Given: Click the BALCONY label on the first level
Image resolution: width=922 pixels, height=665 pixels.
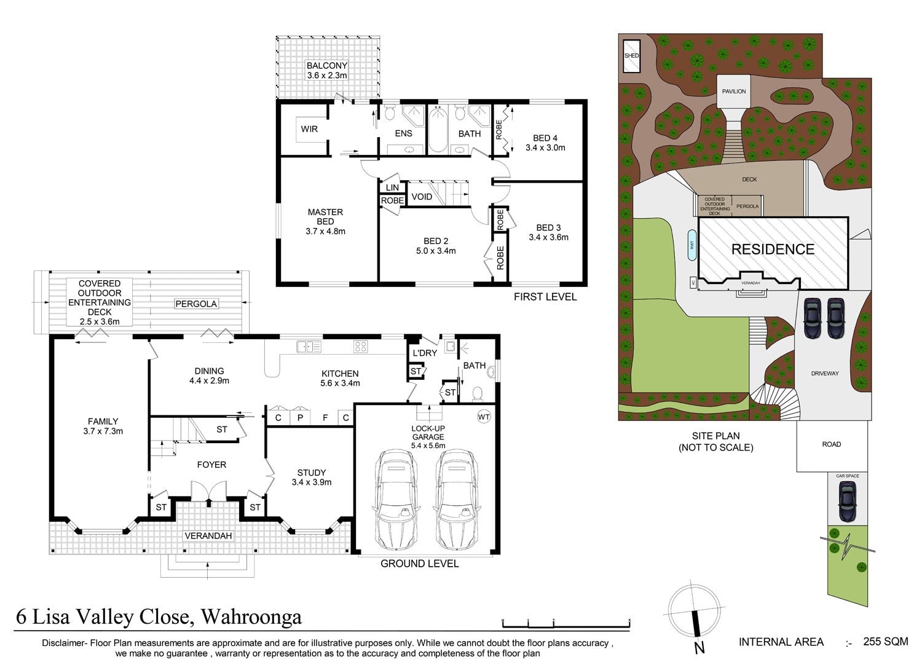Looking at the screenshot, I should click(x=327, y=65).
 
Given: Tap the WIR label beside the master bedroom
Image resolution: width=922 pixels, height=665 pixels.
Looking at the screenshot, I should click(x=309, y=129).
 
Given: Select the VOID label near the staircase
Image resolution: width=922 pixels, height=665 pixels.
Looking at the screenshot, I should click(x=422, y=197).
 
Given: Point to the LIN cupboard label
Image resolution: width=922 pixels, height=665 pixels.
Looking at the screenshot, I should click(x=392, y=187).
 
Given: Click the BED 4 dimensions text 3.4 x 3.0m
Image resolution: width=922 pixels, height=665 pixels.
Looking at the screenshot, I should click(x=545, y=148).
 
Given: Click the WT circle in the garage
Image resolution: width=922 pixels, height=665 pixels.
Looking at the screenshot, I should click(x=484, y=417).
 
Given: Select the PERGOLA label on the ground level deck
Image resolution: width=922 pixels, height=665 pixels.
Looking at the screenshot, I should click(x=195, y=304).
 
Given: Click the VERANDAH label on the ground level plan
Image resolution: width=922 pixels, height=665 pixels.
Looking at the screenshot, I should click(x=208, y=536).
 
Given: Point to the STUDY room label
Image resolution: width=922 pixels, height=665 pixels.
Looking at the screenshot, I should click(x=312, y=473).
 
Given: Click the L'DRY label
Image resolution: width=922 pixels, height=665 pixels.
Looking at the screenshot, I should click(x=424, y=353).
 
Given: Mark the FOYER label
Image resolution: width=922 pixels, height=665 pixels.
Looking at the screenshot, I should click(x=211, y=465).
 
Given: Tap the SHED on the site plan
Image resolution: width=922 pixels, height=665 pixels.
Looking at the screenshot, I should click(x=632, y=56).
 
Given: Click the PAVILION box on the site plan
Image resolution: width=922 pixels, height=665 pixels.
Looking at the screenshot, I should click(x=734, y=91).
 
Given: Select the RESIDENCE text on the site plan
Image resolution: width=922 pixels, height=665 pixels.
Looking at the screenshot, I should click(x=773, y=249).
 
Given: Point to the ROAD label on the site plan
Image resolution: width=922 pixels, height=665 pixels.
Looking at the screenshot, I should click(x=831, y=444).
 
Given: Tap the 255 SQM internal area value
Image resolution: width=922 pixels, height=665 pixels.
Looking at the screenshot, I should click(x=885, y=642).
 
